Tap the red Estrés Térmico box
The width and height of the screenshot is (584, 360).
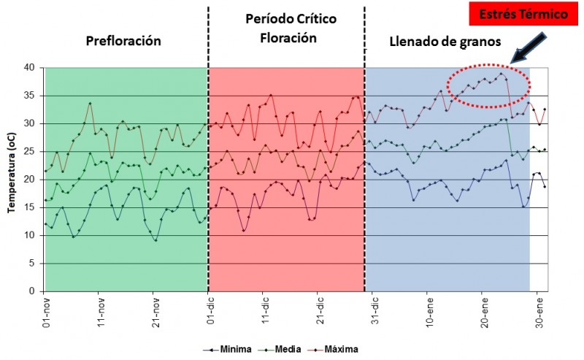click(x=512, y=15)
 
